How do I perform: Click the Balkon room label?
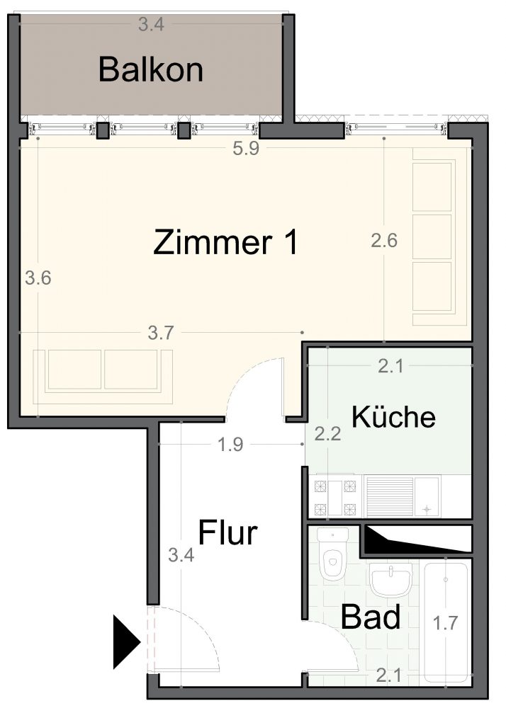(x=151, y=70)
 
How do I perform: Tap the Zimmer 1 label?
(x=225, y=242)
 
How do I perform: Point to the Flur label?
(x=227, y=532)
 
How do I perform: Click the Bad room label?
(x=371, y=617)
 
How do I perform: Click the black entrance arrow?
(x=126, y=641)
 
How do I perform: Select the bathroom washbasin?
(x=390, y=580)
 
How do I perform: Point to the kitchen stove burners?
(x=336, y=498)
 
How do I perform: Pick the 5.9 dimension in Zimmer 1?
(x=246, y=149)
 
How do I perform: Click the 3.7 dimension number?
(x=161, y=333)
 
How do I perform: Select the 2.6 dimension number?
(x=384, y=241)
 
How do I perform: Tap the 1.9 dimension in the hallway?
(x=230, y=445)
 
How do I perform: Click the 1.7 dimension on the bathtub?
(x=445, y=623)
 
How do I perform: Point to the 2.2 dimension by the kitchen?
(x=327, y=433)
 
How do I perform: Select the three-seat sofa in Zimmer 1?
(x=434, y=236)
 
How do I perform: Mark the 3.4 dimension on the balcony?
(x=152, y=24)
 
